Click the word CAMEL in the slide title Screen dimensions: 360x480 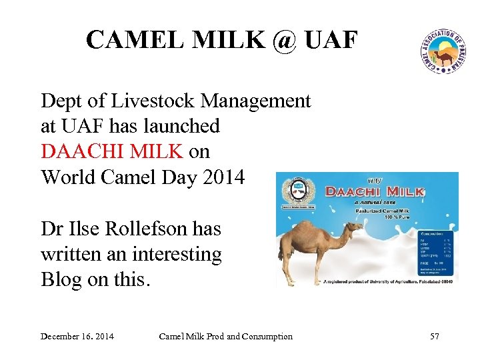[x=131, y=41]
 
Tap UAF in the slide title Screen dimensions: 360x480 [x=331, y=41]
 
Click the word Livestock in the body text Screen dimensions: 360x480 [x=149, y=101]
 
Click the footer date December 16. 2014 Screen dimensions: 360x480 [x=77, y=336]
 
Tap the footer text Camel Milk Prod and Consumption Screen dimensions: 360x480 [x=225, y=336]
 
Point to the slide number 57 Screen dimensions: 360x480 [x=434, y=336]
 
